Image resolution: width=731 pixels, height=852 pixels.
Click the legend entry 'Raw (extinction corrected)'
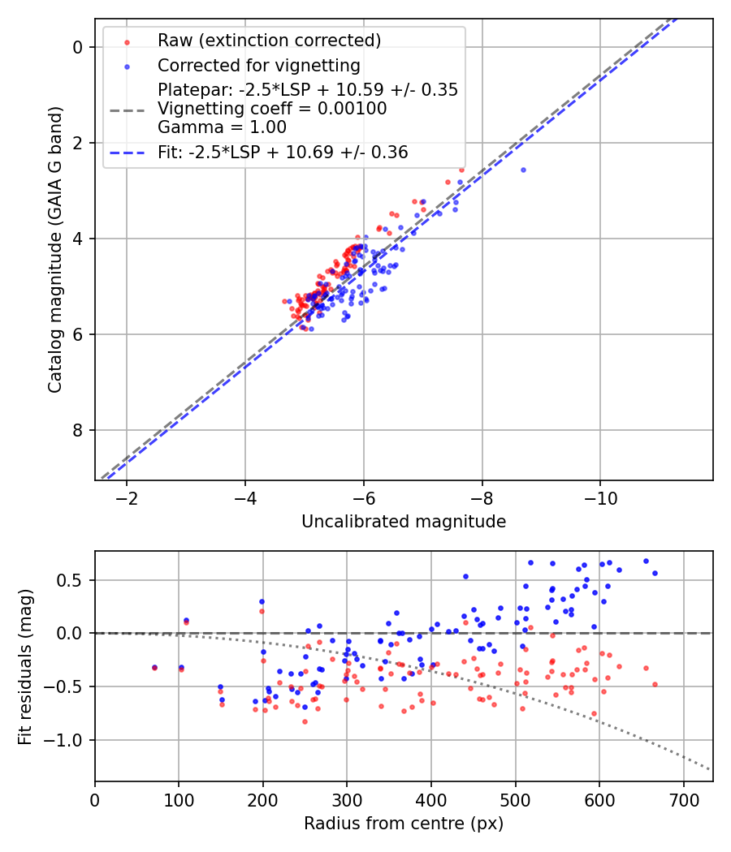pos(269,41)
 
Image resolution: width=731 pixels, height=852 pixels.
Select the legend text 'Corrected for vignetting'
pos(258,65)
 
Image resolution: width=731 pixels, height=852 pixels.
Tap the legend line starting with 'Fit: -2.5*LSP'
pos(283,152)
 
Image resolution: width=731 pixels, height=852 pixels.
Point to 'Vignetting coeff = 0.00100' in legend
pos(272,108)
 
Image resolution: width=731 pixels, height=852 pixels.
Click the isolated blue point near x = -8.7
pos(523,170)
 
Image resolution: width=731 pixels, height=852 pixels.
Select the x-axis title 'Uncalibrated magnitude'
pos(404,522)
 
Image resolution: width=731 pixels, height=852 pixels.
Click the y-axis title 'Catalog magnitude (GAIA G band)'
pos(54,248)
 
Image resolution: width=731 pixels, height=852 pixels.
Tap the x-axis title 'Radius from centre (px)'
pos(404,824)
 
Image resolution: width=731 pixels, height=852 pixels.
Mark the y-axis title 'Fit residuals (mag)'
pos(25,666)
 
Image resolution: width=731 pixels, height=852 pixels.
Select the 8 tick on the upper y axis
pos(78,430)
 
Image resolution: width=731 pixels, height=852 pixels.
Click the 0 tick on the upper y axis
pos(78,47)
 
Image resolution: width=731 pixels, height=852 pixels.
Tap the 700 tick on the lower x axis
pos(683,798)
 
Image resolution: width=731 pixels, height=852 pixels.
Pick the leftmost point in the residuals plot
pos(154,668)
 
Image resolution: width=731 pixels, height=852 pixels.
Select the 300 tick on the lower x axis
pos(347,798)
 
